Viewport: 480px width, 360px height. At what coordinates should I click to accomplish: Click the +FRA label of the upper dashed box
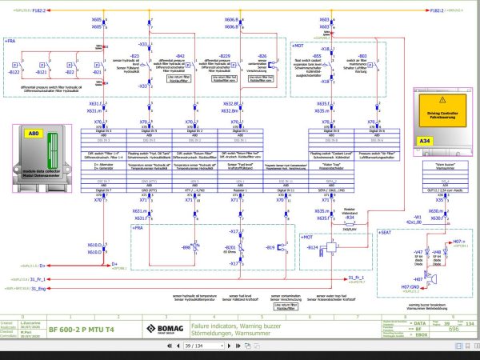pos(10,39)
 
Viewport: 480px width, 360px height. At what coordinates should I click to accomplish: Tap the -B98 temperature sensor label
pos(186,249)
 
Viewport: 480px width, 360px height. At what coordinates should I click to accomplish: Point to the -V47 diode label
pos(418,252)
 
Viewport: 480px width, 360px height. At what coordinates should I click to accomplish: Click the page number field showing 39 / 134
pos(192,346)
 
